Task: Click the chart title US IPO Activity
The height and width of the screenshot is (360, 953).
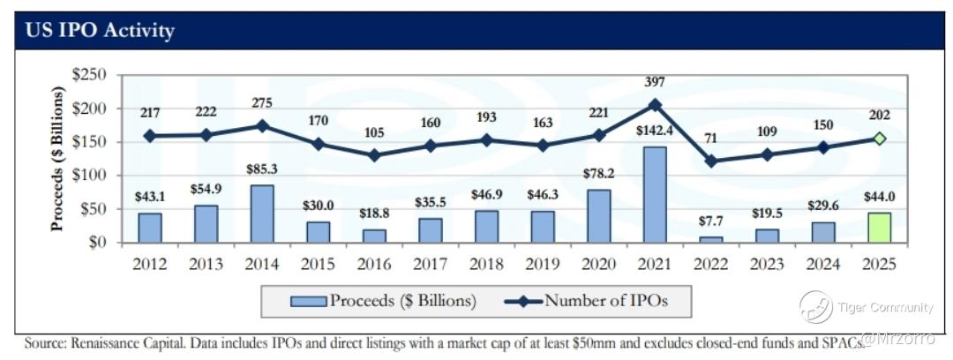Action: pos(101,31)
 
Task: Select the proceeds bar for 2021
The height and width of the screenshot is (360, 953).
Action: pos(654,194)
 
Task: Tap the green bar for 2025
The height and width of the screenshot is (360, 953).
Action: pos(880,227)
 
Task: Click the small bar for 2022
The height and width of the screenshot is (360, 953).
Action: pos(710,238)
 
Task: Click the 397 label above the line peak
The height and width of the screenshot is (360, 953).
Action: pos(654,82)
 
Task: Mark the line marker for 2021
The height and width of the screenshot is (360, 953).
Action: pos(654,104)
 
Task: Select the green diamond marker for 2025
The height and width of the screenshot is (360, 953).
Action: pos(880,139)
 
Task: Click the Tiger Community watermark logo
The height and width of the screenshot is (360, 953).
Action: pos(815,307)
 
